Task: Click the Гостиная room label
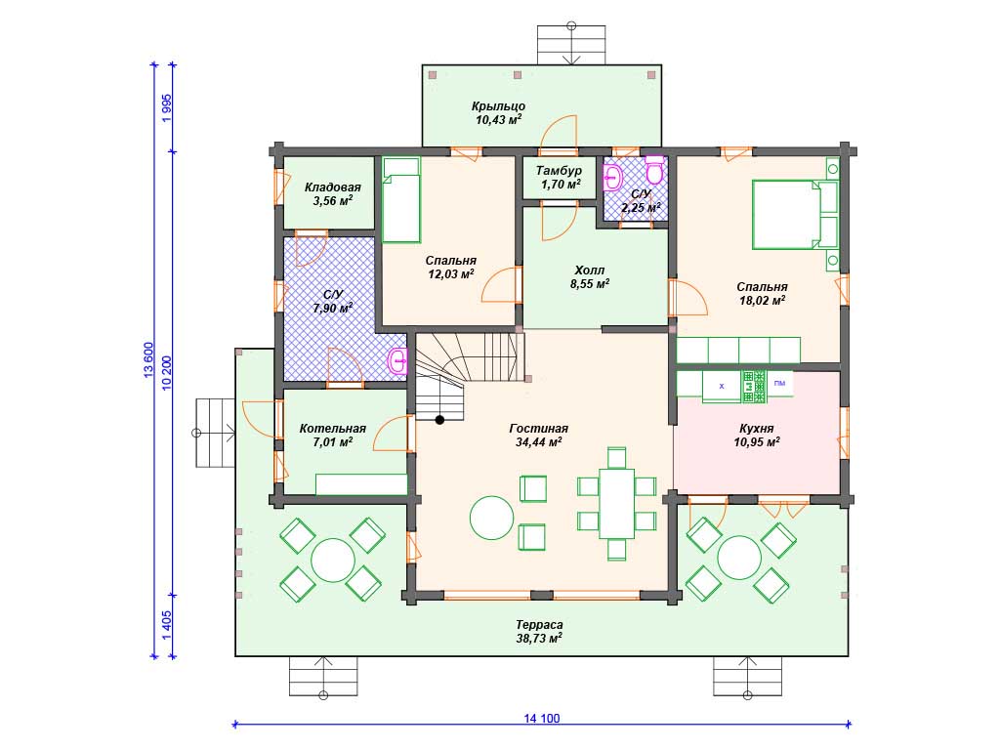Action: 538,429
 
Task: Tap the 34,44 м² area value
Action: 538,442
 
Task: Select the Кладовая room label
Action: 332,187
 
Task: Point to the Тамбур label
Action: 559,171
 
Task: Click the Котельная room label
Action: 332,429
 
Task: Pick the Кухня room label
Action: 757,429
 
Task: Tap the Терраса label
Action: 539,625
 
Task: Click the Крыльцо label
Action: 498,106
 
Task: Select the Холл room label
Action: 589,271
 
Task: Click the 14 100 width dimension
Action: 541,718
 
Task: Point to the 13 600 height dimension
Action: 148,360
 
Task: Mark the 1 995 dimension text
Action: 167,108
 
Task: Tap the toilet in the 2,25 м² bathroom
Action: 654,169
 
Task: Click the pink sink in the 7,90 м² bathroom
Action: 398,362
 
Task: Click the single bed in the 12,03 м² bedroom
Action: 401,200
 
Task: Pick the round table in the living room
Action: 492,518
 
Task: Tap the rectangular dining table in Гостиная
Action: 616,504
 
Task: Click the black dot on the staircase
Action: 439,420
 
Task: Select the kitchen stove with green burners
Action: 754,387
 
